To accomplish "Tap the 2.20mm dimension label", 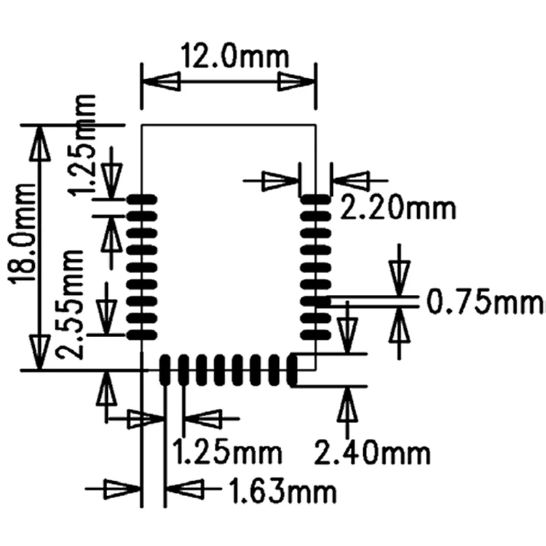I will tap(397, 209).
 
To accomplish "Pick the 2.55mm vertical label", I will tap(71, 304).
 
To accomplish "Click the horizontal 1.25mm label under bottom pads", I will tap(227, 451).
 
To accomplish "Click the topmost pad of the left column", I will tap(142, 200).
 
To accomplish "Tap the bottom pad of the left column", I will tap(142, 334).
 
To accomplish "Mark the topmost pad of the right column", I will tap(315, 200).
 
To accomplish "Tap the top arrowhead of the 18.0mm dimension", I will tap(40, 143).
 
